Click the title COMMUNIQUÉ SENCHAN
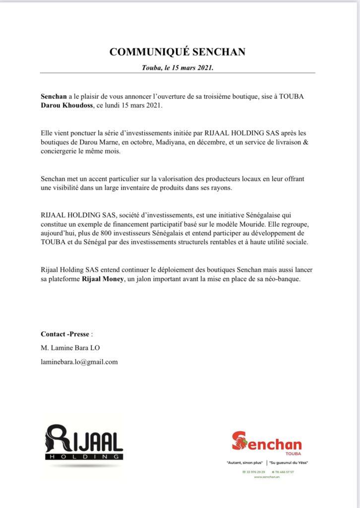pyautogui.click(x=178, y=52)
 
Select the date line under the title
pyautogui.click(x=178, y=67)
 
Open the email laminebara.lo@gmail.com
pyautogui.click(x=79, y=362)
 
